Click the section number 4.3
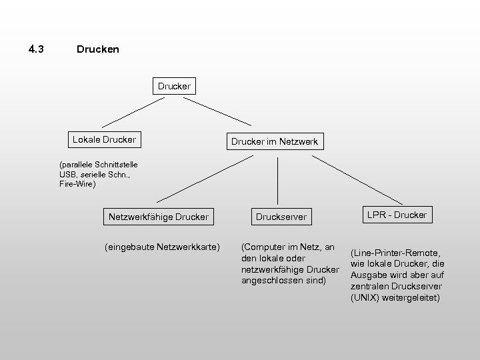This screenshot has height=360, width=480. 36,49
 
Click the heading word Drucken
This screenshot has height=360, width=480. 98,49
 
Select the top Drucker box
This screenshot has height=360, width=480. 174,86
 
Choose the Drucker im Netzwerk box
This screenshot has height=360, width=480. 274,142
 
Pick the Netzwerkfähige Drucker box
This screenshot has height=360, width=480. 159,216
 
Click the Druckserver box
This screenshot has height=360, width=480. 281,216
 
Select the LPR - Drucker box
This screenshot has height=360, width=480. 397,214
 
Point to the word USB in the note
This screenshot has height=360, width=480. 67,174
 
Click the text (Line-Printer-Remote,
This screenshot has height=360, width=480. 395,253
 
